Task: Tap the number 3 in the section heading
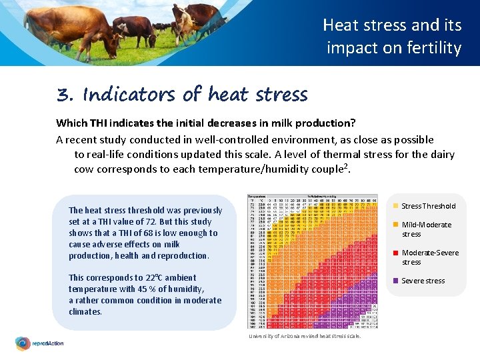pos(64,95)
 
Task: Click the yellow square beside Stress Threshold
pos(395,206)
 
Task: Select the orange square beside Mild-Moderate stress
pos(395,225)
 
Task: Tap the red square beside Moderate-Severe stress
pos(395,253)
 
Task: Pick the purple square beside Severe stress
pos(395,281)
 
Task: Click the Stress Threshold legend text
pos(429,206)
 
